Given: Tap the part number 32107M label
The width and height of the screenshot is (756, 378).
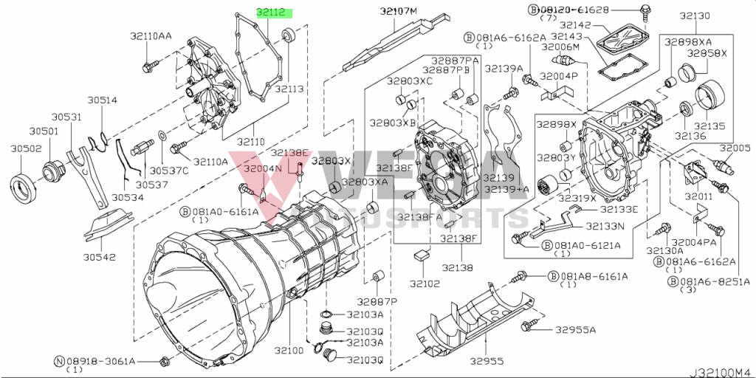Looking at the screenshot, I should point(399,10).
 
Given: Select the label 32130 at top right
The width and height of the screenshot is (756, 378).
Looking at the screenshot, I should point(695,16).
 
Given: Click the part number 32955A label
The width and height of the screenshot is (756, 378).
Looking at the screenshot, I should point(575,329).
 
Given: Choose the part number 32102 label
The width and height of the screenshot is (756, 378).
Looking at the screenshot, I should point(425,283).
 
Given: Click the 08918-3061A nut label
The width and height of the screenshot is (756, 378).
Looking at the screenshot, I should point(100,361).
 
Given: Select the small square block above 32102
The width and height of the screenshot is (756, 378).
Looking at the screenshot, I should point(422,255).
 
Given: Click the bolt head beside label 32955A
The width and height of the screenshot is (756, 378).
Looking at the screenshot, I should point(528,326).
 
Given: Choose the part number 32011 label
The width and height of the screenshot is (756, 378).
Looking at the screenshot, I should point(698,197).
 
